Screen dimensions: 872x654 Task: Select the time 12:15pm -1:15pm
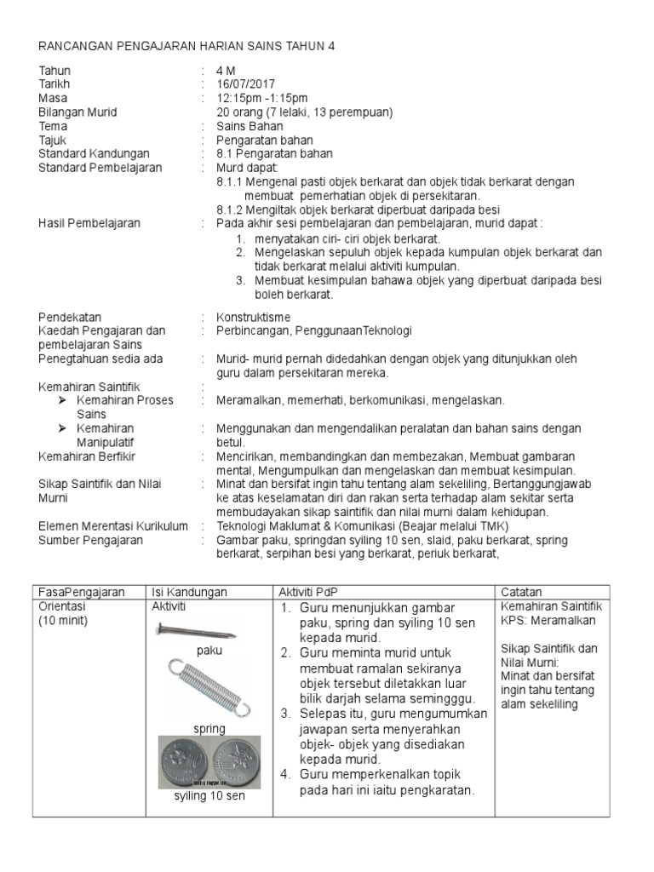tap(262, 98)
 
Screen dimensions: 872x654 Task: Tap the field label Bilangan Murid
tap(78, 112)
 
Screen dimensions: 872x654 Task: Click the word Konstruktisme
tap(254, 317)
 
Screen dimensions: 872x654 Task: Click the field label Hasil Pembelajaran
tap(90, 223)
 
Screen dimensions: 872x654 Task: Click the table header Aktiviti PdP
tap(308, 592)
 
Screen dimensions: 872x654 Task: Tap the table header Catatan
tap(521, 592)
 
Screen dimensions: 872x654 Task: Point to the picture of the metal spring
tap(209, 686)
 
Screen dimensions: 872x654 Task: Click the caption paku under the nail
tap(209, 650)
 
